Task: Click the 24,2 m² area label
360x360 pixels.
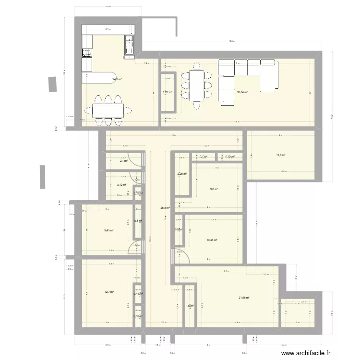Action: tap(117, 79)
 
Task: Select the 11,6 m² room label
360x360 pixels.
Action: tap(281, 155)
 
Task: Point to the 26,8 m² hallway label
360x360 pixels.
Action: tap(166, 208)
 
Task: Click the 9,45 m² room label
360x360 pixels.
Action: tap(109, 230)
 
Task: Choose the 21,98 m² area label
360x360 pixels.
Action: tap(244, 298)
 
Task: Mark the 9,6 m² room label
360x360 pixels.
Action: tap(214, 189)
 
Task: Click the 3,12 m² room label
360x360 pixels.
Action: tap(121, 185)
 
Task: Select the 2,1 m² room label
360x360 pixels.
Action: tap(123, 161)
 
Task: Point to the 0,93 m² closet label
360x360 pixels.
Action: tap(179, 229)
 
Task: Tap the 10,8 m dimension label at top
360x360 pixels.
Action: tap(231, 41)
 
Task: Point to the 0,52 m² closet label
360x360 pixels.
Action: tap(138, 316)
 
